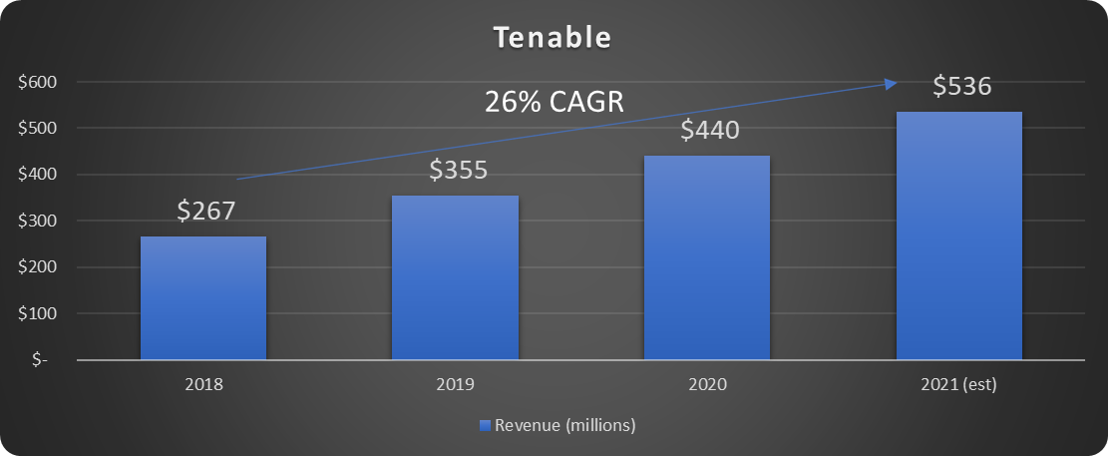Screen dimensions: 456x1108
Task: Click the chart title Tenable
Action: (x=553, y=38)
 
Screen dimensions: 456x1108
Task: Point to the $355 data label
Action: (x=458, y=169)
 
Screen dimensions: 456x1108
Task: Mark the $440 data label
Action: (x=710, y=130)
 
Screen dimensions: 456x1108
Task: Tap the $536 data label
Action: (x=961, y=87)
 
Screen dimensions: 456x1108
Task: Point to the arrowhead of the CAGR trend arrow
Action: (x=892, y=85)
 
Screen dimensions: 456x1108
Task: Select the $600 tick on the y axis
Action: (x=36, y=82)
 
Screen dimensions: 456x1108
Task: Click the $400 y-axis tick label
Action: (x=36, y=175)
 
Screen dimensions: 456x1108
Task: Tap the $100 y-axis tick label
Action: (x=36, y=313)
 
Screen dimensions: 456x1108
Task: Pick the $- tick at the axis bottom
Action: (x=39, y=360)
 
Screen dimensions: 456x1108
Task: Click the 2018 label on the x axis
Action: (x=203, y=384)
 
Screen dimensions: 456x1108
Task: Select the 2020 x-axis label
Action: (x=706, y=384)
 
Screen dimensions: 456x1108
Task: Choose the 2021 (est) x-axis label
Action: (x=958, y=384)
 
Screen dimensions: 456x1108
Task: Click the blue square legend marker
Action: (x=485, y=426)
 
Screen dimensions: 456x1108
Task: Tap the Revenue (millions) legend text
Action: (x=565, y=426)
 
